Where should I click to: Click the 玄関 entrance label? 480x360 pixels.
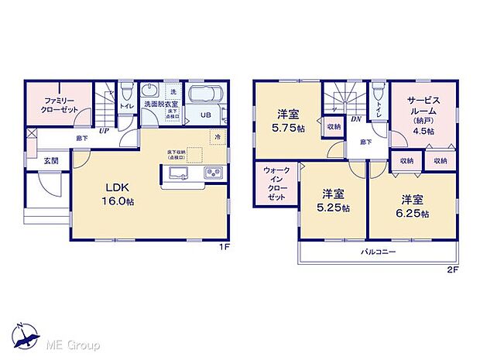(50, 161)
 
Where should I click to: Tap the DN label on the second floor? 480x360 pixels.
(357, 119)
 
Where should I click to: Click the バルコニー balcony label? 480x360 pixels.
(379, 253)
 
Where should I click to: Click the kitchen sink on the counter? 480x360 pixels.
(173, 173)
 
